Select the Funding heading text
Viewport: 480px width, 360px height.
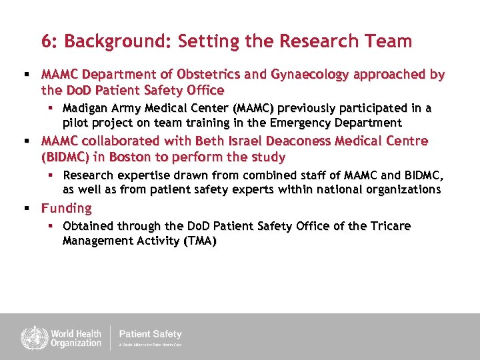pyautogui.click(x=67, y=209)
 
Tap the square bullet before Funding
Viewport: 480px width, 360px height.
pyautogui.click(x=27, y=209)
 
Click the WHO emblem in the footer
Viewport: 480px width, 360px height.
pyautogui.click(x=31, y=337)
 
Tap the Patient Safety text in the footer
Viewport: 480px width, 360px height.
pyautogui.click(x=150, y=334)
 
